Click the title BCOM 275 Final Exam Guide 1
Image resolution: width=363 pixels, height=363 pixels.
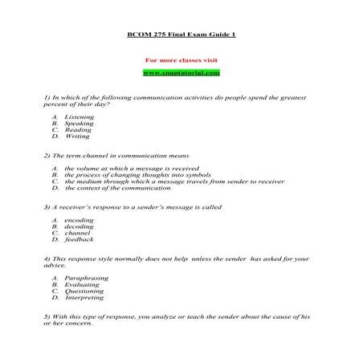tap(181, 36)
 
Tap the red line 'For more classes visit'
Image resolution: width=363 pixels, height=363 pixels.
tap(181, 60)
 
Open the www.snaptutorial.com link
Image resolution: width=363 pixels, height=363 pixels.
tap(181, 73)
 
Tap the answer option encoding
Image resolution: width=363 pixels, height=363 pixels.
tap(79, 220)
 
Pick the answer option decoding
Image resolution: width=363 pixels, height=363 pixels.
tap(79, 226)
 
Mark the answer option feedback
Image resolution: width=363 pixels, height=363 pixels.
tap(80, 239)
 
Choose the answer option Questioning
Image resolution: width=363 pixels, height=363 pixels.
tap(84, 290)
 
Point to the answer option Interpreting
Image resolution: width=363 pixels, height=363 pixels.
tap(84, 296)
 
